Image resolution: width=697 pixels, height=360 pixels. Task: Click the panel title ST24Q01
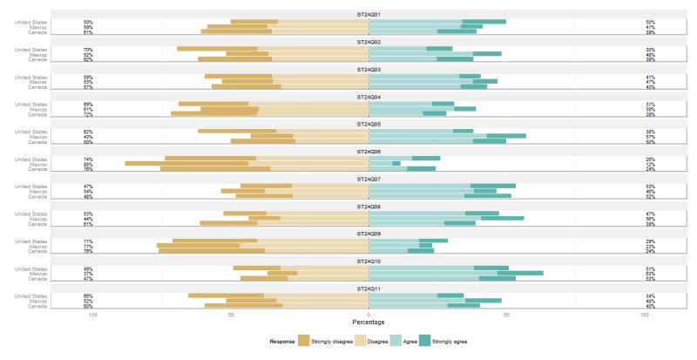click(x=369, y=14)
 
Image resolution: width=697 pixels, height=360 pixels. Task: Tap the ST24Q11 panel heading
click(x=369, y=288)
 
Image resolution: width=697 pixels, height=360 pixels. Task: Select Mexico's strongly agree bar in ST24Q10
click(x=520, y=273)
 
